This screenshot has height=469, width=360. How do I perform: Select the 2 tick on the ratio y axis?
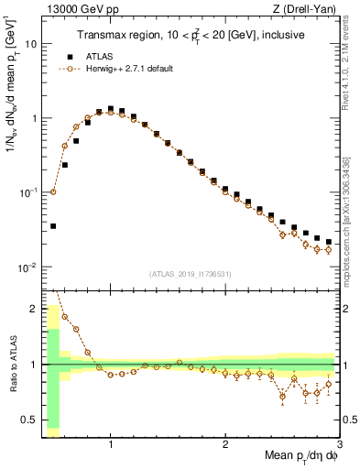click(x=34, y=308)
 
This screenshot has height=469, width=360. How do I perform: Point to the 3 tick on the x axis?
click(x=339, y=443)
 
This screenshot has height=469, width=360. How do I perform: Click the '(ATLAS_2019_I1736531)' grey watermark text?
click(x=190, y=273)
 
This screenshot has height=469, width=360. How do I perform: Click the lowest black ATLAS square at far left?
click(x=53, y=225)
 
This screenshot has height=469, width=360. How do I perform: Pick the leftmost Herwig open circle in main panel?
click(x=53, y=192)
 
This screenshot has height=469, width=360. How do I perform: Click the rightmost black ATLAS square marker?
click(x=328, y=243)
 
